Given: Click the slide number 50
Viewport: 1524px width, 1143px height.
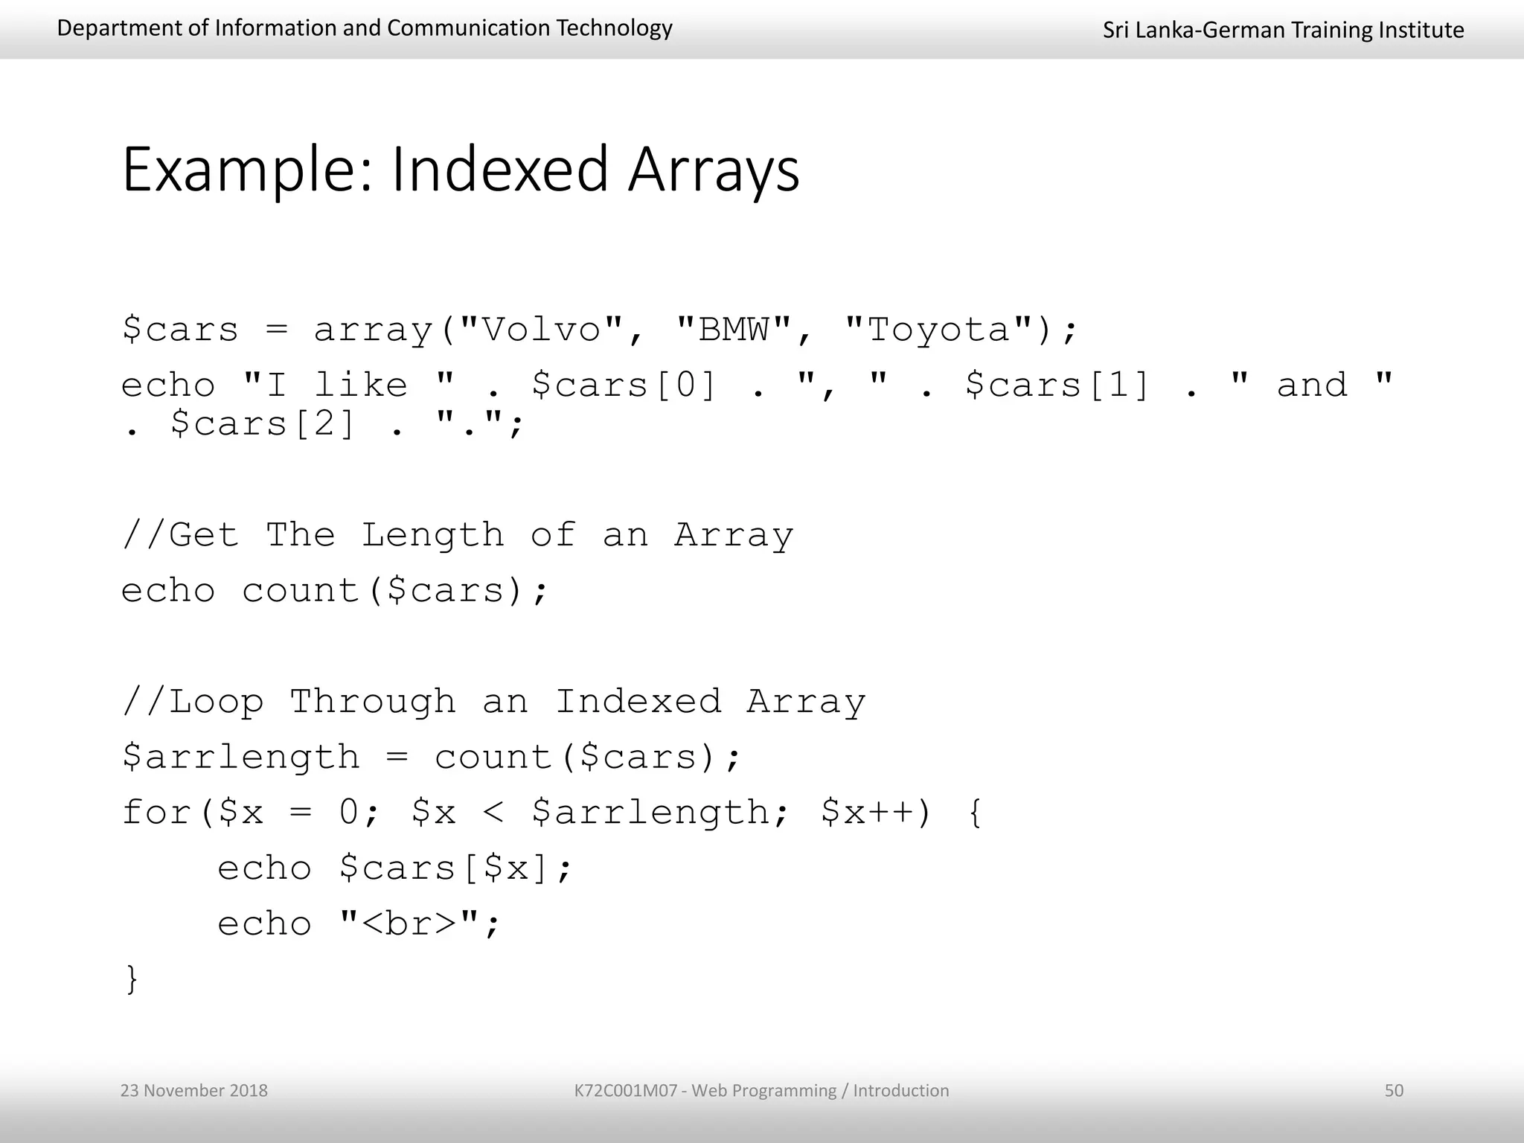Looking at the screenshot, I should (1393, 1090).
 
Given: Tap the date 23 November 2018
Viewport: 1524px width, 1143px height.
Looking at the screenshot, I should (193, 1090).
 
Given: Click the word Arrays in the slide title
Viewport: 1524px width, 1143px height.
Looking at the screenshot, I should (713, 170).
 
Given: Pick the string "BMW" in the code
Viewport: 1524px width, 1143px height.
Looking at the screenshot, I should (734, 329).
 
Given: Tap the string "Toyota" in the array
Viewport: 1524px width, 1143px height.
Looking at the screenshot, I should (939, 329).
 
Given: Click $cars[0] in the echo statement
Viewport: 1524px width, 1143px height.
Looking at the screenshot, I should (624, 385).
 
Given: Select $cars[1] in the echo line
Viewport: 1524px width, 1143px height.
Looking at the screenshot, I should (1057, 385).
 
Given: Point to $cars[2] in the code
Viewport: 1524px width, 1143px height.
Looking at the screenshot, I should (263, 424).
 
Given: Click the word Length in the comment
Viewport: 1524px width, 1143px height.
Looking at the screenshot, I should (432, 534).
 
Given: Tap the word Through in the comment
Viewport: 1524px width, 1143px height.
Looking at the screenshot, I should (372, 702).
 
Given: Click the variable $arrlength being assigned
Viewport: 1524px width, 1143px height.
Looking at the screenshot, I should (240, 758).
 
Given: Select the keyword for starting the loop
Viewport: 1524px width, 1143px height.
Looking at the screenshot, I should (157, 812).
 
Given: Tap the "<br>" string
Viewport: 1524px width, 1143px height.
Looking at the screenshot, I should (409, 923).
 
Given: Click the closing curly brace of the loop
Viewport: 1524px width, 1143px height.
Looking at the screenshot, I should (132, 979).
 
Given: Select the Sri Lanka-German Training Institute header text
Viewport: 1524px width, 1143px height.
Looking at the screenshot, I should (1283, 30).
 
